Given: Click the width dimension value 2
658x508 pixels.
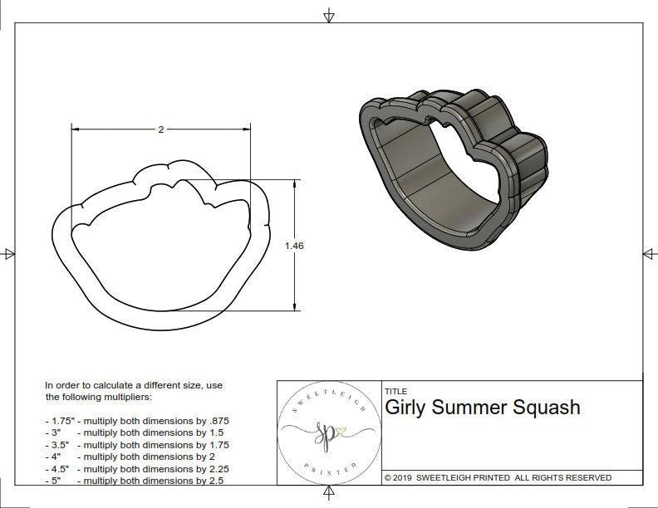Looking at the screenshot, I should tap(160, 129).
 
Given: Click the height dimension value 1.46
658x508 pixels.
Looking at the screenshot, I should tap(293, 245).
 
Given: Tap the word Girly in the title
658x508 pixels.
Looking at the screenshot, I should tap(405, 408).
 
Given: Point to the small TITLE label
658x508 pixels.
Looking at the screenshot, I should tap(395, 391).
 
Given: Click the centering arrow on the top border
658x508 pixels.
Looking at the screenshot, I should tap(330, 15).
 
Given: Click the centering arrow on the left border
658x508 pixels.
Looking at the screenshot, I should tap(9, 253).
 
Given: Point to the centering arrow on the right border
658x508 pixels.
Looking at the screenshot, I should tap(649, 253).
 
